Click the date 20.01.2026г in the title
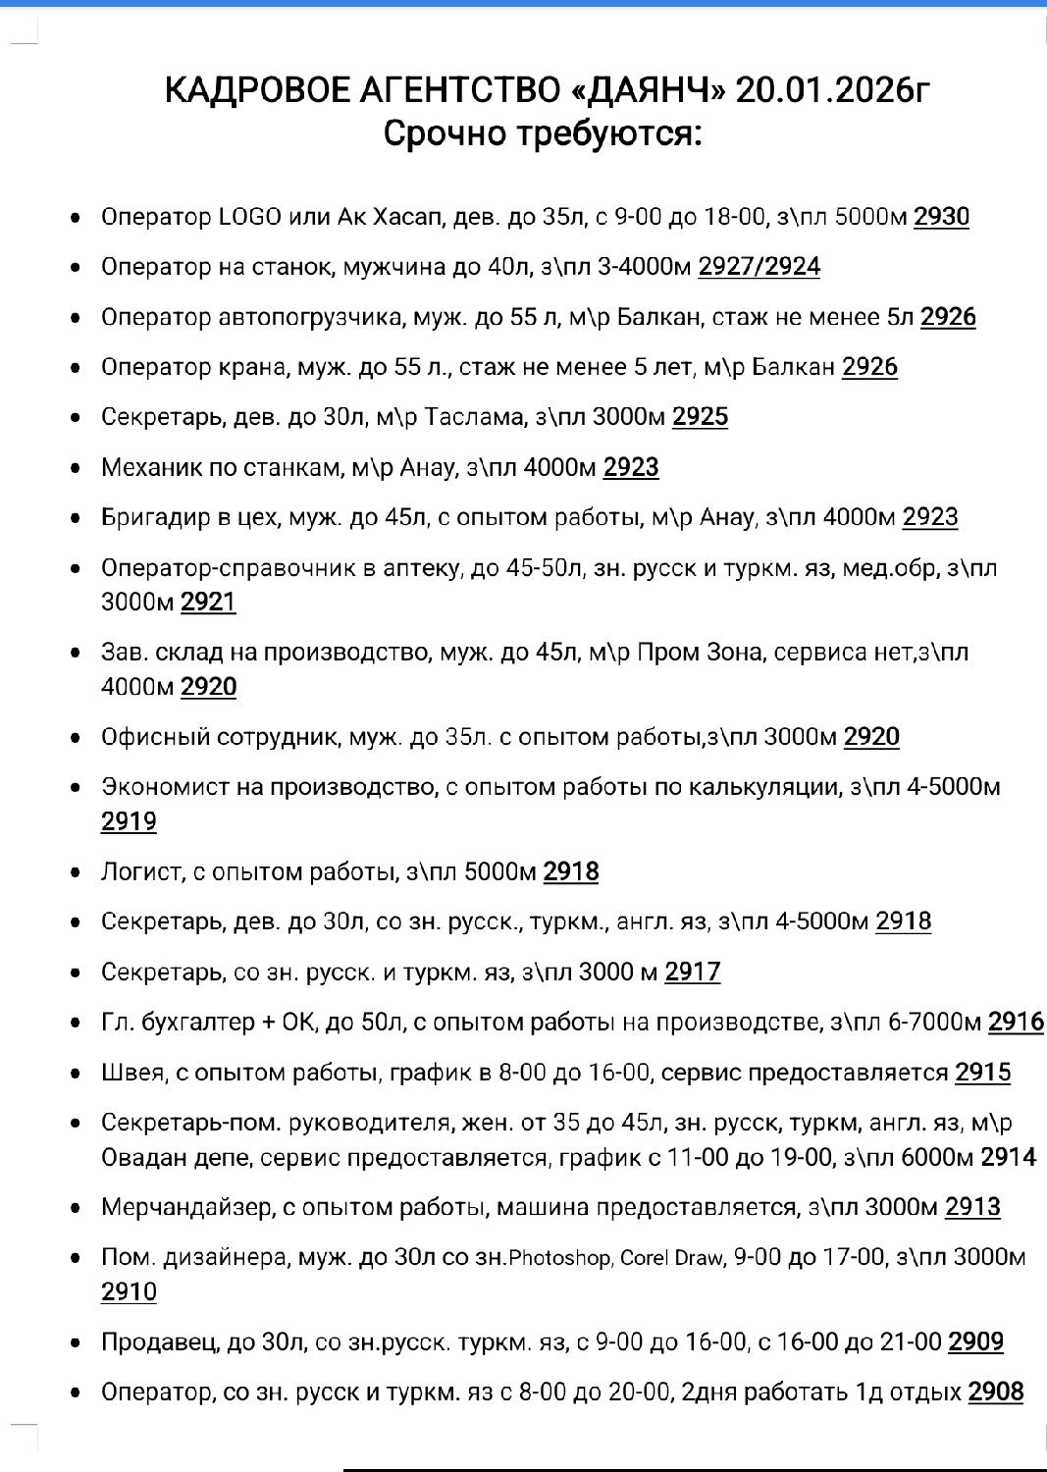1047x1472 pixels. pyautogui.click(x=830, y=90)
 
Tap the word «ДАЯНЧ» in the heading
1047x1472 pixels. pyautogui.click(x=648, y=90)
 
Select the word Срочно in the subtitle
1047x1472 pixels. pyautogui.click(x=445, y=133)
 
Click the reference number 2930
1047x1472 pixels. pyautogui.click(x=941, y=217)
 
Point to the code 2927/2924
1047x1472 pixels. pyautogui.click(x=759, y=267)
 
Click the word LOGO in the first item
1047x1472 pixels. pyautogui.click(x=249, y=217)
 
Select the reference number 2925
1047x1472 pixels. pyautogui.click(x=700, y=417)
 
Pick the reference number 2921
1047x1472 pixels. pyautogui.click(x=208, y=602)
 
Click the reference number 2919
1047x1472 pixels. pyautogui.click(x=129, y=821)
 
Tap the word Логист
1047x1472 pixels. pyautogui.click(x=141, y=871)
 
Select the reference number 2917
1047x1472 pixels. pyautogui.click(x=692, y=972)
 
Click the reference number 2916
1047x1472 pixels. pyautogui.click(x=1015, y=1023)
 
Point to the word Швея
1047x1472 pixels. pyautogui.click(x=132, y=1073)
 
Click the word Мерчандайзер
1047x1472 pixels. pyautogui.click(x=186, y=1207)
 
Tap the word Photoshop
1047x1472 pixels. pyautogui.click(x=558, y=1258)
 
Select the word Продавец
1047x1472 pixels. pyautogui.click(x=160, y=1341)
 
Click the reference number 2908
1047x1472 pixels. pyautogui.click(x=995, y=1392)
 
